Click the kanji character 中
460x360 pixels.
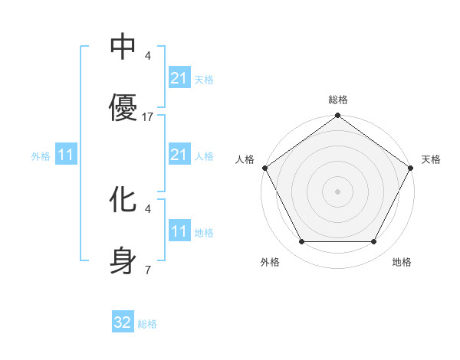click(x=123, y=48)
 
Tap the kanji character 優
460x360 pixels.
click(x=123, y=108)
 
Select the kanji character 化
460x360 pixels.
click(x=123, y=201)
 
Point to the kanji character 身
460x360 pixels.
click(x=123, y=260)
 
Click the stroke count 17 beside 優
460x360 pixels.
click(x=148, y=117)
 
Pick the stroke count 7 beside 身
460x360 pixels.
click(x=147, y=270)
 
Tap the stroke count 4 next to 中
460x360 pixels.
click(x=147, y=56)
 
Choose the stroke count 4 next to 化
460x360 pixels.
click(x=147, y=208)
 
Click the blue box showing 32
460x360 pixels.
click(x=123, y=322)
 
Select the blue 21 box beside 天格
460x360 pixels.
click(x=179, y=78)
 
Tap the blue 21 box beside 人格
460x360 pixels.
click(x=179, y=155)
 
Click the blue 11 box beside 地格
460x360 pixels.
click(x=179, y=232)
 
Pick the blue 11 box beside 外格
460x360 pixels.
click(x=66, y=155)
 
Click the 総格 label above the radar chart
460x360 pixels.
click(x=338, y=100)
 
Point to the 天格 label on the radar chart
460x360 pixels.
click(x=431, y=159)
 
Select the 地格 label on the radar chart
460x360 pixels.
click(x=402, y=262)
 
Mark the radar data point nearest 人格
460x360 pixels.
click(x=264, y=168)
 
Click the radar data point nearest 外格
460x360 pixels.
click(x=301, y=242)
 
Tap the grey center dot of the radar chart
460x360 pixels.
click(x=337, y=191)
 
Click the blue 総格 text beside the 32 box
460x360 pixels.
click(x=147, y=324)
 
